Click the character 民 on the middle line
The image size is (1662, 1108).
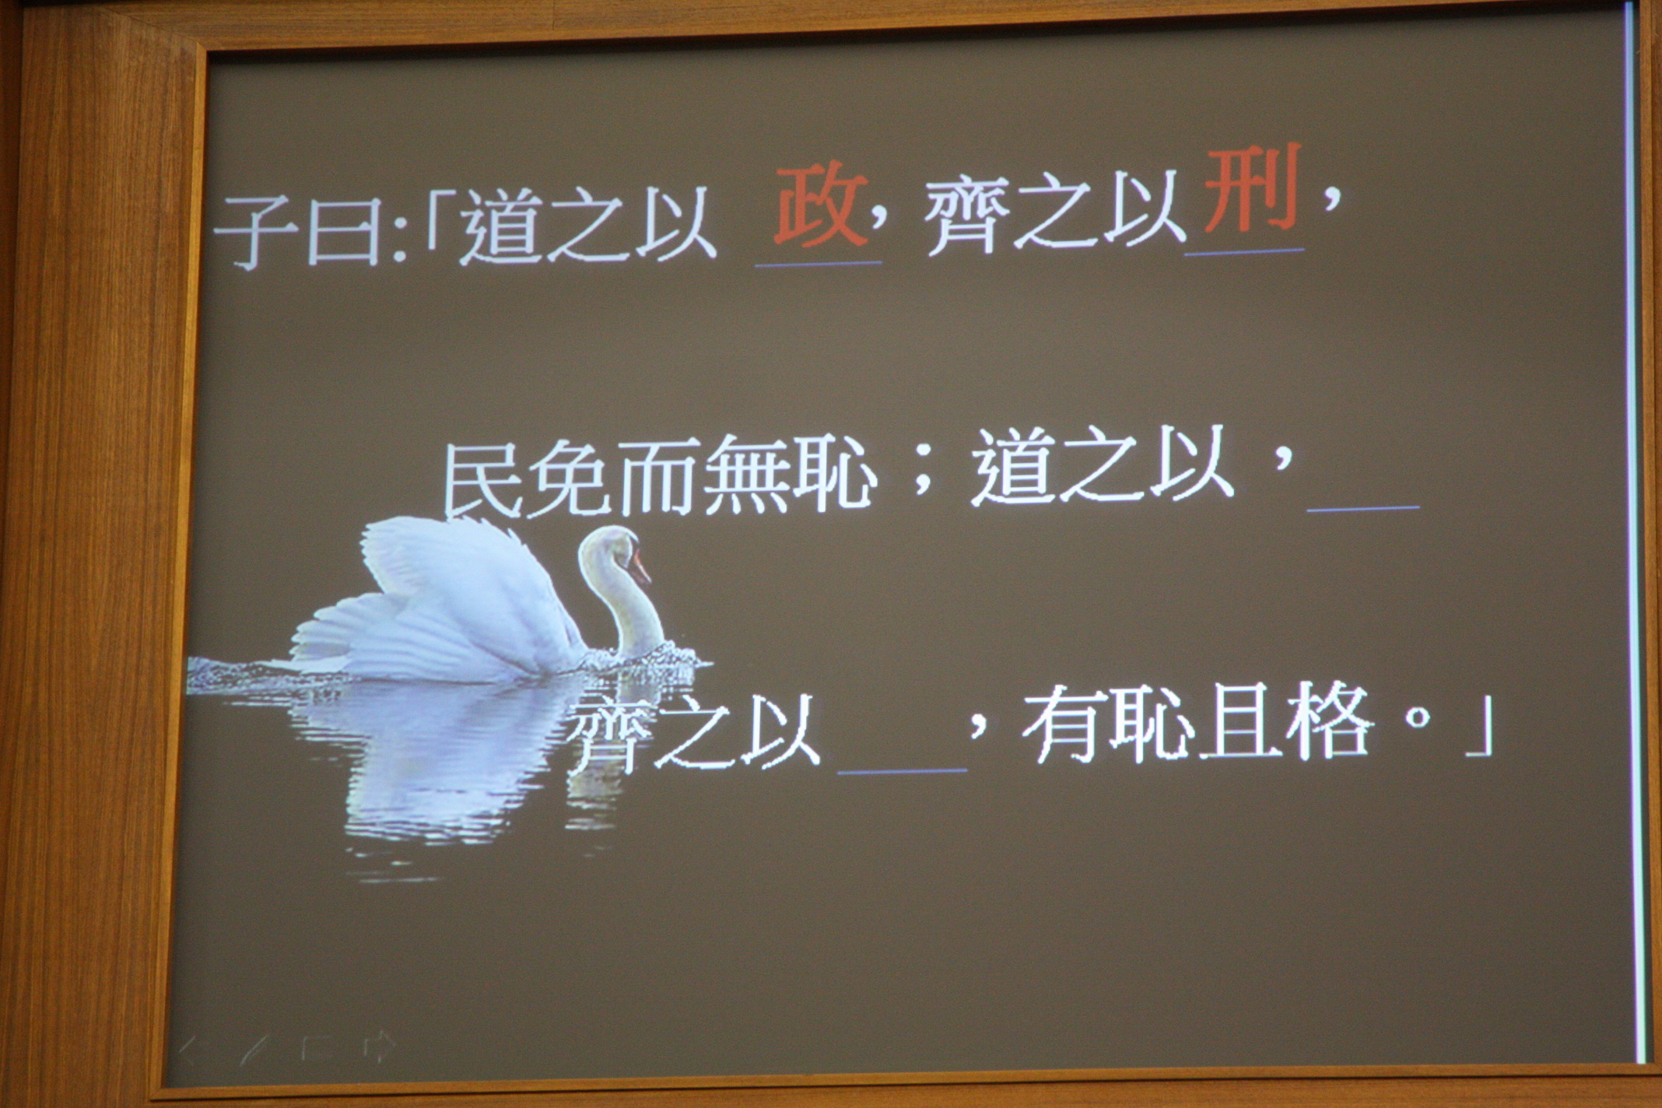tap(483, 477)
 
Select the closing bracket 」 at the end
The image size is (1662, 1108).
tap(1478, 727)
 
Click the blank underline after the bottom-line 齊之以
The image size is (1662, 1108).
tap(902, 771)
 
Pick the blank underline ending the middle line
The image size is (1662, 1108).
tap(1363, 508)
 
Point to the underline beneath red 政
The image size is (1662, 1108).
tap(819, 264)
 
